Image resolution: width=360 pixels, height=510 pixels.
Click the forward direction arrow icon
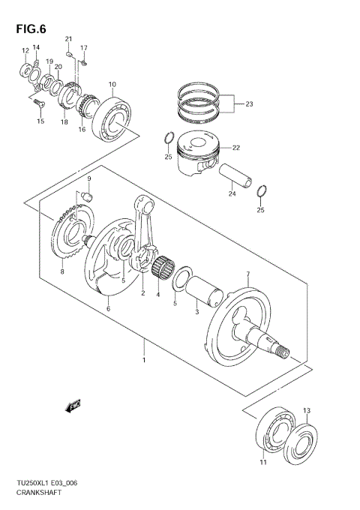coord(73,406)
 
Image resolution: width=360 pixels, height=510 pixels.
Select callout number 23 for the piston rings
coord(250,105)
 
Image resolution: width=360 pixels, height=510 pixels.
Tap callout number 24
coord(232,193)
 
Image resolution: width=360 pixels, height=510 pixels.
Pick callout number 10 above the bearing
coord(112,84)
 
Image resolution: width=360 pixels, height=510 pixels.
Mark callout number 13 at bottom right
coord(306,410)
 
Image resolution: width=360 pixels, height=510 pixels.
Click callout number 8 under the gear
coord(62,272)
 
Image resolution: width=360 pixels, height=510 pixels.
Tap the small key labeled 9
coord(86,196)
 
